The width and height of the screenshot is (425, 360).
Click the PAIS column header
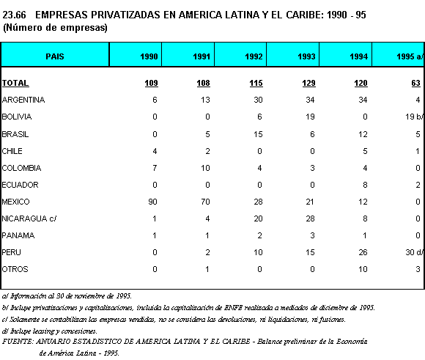[55, 56]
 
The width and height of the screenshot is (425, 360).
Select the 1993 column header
[306, 56]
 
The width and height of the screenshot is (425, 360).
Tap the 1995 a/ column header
[410, 56]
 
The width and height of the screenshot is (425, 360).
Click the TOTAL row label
[15, 83]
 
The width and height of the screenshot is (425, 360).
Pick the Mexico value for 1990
[153, 202]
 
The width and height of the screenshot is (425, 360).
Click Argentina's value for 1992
[258, 100]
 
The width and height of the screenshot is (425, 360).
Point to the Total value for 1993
[308, 83]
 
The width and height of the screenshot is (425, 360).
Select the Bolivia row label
[17, 117]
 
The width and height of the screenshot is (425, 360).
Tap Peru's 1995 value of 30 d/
[414, 252]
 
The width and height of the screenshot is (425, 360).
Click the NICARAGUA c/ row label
[29, 218]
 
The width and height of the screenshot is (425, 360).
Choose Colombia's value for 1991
[205, 168]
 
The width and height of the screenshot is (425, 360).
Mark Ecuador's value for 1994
[365, 185]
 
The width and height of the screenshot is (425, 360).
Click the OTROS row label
[15, 269]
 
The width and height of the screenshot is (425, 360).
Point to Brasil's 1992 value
[258, 134]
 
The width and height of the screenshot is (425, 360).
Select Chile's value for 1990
[155, 151]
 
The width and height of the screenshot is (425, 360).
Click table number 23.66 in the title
[14, 15]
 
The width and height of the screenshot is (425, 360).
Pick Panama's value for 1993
[312, 235]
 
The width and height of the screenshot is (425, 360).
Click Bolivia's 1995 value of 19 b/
[414, 117]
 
